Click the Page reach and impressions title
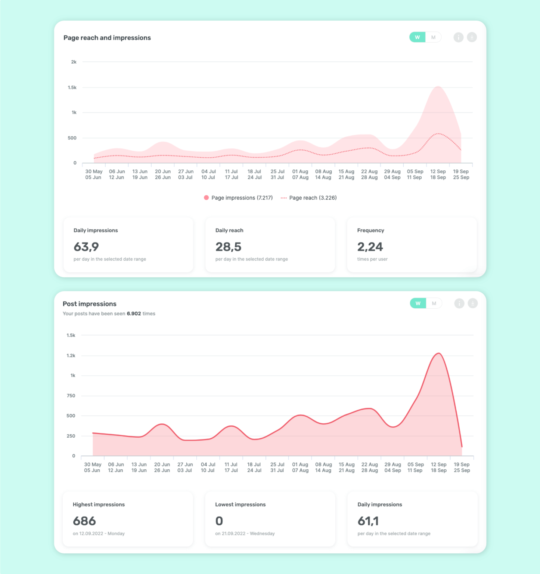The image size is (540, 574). [x=107, y=38]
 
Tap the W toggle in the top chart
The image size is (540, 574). [x=418, y=37]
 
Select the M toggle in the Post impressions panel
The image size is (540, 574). [x=434, y=303]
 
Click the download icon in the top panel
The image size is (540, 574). [x=472, y=37]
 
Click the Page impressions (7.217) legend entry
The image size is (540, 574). [x=238, y=198]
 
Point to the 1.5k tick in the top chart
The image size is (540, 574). [x=72, y=87]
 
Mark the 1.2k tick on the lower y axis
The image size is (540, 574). [x=71, y=355]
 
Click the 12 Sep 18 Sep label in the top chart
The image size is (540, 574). [x=438, y=175]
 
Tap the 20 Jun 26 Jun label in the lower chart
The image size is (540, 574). [x=162, y=467]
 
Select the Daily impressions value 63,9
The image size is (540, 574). [x=86, y=247]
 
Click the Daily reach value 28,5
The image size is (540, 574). [x=228, y=247]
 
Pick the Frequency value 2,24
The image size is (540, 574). [x=370, y=247]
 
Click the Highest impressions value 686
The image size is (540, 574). [x=84, y=521]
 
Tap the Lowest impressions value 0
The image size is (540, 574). [x=219, y=521]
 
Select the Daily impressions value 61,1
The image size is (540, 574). [x=368, y=521]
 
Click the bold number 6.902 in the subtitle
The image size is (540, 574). [x=134, y=314]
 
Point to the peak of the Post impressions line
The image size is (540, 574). [x=439, y=354]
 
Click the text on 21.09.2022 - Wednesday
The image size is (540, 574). [x=245, y=534]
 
